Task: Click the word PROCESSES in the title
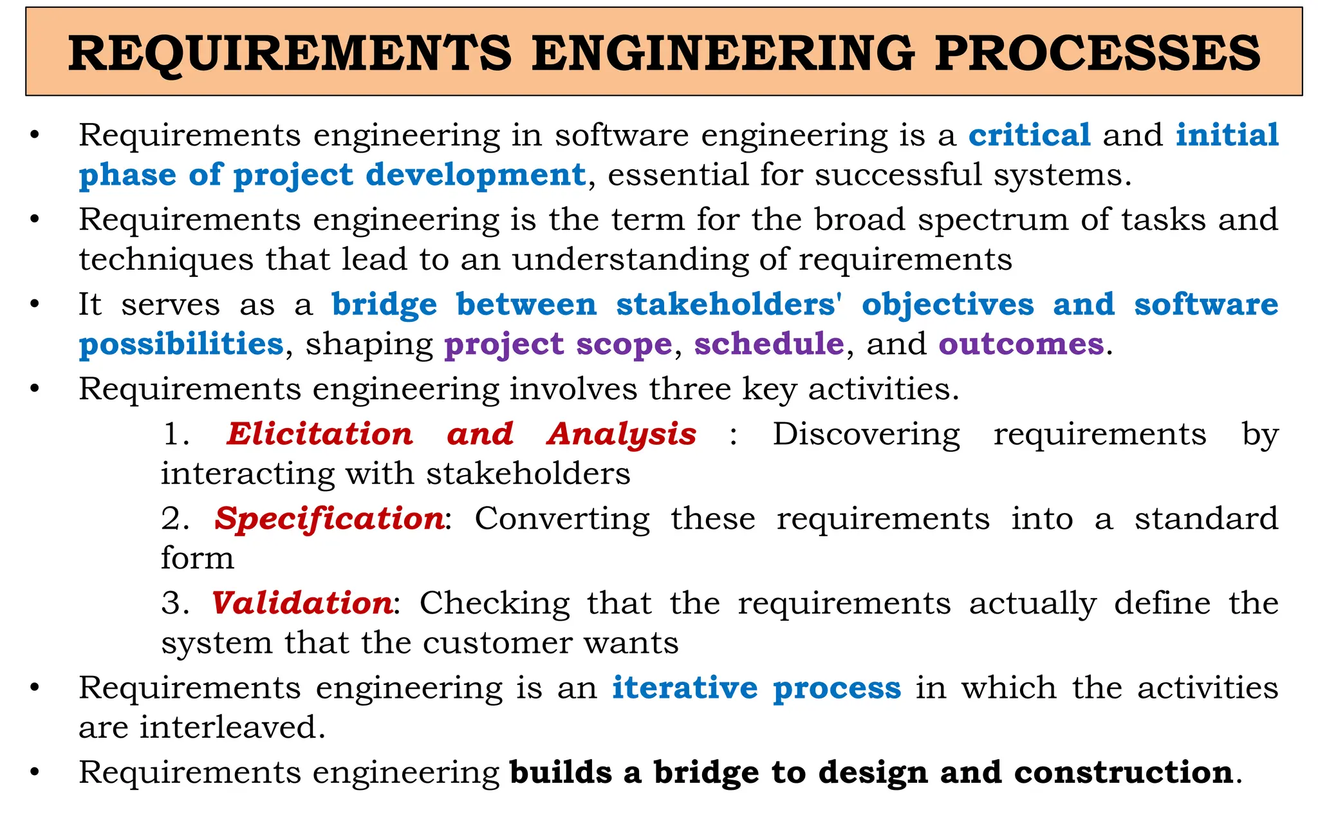(1097, 53)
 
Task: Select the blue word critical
(1030, 135)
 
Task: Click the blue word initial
(1227, 135)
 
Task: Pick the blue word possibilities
(181, 344)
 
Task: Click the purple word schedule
(769, 344)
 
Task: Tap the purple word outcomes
(1021, 344)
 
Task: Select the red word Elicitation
(320, 434)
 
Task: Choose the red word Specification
(329, 519)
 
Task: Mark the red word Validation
(302, 603)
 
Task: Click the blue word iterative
(685, 688)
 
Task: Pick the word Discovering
(866, 434)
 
